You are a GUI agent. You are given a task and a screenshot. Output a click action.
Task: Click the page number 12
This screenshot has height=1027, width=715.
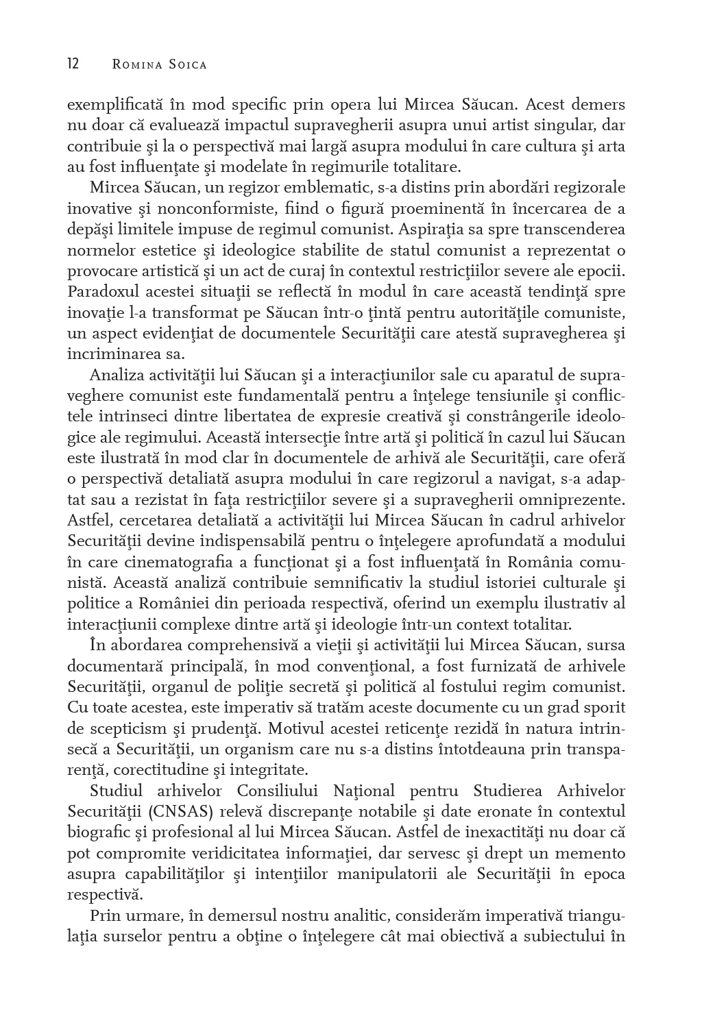point(73,64)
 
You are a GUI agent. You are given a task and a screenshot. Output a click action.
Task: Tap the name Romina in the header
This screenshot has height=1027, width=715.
point(135,65)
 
